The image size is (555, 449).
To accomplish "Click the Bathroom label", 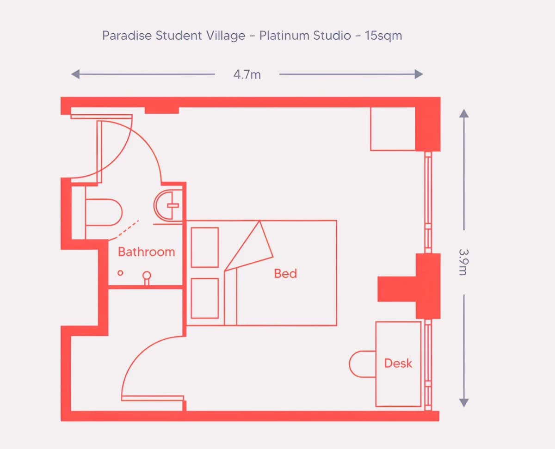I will tap(146, 252).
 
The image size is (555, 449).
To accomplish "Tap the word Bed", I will tap(285, 273).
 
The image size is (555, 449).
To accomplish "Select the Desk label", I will tap(398, 363).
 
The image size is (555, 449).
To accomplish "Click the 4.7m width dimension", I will tap(247, 74).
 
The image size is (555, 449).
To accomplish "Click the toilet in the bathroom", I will tap(104, 212).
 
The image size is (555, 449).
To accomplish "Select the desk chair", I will tap(362, 364).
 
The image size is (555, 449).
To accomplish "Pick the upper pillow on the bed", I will tap(205, 247).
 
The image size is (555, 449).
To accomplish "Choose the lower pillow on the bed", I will tap(205, 298).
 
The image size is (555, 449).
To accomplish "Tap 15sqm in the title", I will tap(383, 36).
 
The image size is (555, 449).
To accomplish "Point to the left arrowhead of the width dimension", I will tap(75, 74).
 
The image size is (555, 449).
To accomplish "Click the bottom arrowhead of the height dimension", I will tap(464, 402).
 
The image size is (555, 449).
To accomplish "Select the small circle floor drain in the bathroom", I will tap(120, 273).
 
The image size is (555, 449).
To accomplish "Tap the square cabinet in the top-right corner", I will tap(393, 129).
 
